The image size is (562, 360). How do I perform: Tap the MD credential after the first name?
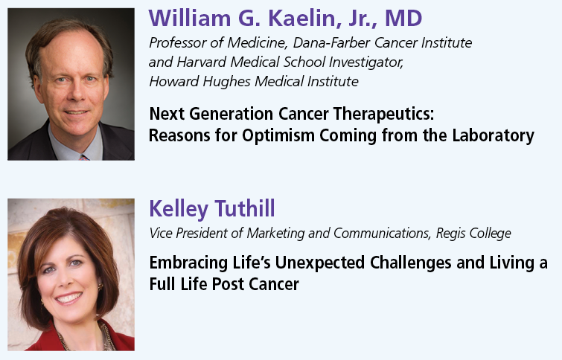click(x=403, y=19)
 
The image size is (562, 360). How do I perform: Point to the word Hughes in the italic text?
click(x=227, y=82)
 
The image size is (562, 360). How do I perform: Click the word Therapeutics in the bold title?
click(x=383, y=115)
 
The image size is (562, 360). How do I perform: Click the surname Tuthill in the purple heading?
click(x=245, y=208)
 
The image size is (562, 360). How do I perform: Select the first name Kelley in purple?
click(x=179, y=209)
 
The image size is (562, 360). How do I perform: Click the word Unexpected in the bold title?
click(x=320, y=263)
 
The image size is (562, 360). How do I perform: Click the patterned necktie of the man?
click(x=84, y=157)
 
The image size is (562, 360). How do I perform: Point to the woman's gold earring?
click(x=100, y=287)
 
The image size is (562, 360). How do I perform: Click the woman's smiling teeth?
click(x=68, y=298)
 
